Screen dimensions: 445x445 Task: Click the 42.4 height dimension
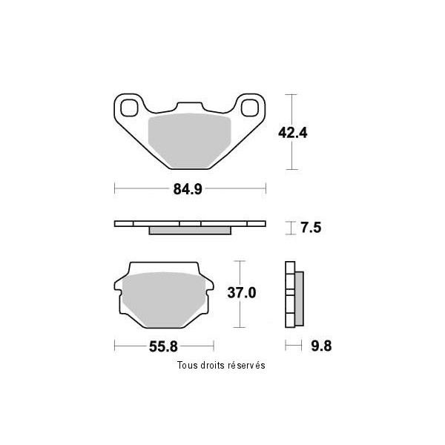point(293,133)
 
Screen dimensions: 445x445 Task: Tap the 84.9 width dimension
point(188,189)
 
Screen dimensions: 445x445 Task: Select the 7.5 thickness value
point(311,228)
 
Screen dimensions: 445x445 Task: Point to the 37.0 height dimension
point(242,293)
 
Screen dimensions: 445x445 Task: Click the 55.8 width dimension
point(163,346)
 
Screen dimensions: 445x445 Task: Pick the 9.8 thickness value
point(321,346)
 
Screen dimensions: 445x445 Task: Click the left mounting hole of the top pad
point(129,108)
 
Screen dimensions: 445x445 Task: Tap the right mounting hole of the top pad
point(250,108)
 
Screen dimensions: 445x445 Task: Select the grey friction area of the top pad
point(190,140)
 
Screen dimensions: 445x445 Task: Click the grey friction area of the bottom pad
point(164,300)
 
